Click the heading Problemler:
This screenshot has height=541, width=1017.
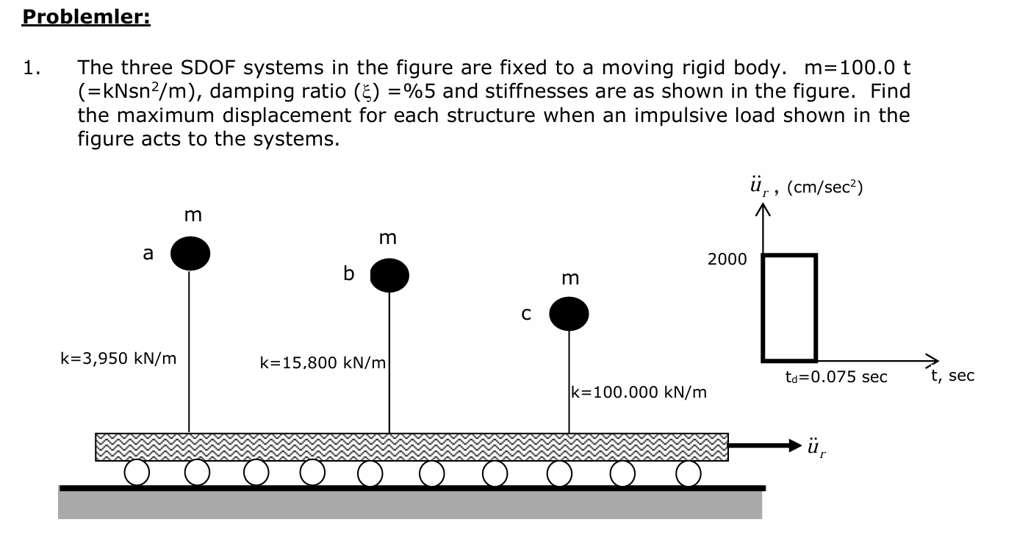[86, 17]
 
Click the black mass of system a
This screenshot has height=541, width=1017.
[190, 254]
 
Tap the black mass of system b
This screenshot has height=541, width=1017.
[389, 276]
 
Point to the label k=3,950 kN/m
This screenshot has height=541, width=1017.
[118, 359]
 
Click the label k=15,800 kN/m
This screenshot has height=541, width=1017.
[323, 362]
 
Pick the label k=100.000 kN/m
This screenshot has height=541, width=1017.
[639, 392]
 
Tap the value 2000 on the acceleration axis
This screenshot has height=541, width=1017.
[727, 259]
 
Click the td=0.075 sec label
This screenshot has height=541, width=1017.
[836, 377]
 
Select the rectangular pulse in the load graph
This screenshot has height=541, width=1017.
[789, 307]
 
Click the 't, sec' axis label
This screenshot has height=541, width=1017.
[952, 376]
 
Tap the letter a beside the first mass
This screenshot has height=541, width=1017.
[148, 254]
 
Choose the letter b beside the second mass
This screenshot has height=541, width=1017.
[349, 273]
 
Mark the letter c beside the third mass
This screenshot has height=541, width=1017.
[525, 314]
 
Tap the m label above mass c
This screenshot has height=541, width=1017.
[569, 278]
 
